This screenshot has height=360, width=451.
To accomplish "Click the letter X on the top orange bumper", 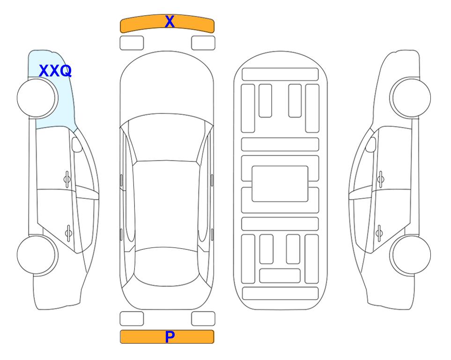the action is [x=170, y=22].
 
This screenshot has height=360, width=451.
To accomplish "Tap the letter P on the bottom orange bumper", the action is [x=170, y=337].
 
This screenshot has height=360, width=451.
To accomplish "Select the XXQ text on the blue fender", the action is [x=55, y=71].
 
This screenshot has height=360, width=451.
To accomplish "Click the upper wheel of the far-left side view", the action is [x=37, y=98].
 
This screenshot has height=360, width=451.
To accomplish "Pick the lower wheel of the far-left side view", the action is [x=37, y=255].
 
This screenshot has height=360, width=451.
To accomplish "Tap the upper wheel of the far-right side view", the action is [x=410, y=97].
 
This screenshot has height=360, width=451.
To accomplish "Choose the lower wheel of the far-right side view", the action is [x=410, y=255].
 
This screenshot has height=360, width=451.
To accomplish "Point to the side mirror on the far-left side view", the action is [x=76, y=144].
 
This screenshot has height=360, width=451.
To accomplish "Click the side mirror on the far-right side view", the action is [x=371, y=144].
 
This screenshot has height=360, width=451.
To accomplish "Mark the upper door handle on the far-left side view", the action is [x=67, y=180].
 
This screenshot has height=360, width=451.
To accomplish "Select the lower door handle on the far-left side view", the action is [x=68, y=232].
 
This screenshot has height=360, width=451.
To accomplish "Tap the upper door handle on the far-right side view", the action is [x=381, y=180].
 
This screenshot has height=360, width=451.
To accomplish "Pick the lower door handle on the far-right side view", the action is [x=379, y=232].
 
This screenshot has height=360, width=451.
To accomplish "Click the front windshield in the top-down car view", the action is [x=167, y=138].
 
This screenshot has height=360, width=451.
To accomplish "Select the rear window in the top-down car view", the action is [x=167, y=266].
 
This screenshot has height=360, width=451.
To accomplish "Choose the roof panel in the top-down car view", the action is [x=166, y=205].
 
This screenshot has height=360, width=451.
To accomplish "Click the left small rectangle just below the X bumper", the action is [x=132, y=43].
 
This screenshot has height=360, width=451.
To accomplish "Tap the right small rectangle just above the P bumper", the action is [x=203, y=319].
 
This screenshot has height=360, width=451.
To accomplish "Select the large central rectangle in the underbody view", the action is [x=280, y=184].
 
